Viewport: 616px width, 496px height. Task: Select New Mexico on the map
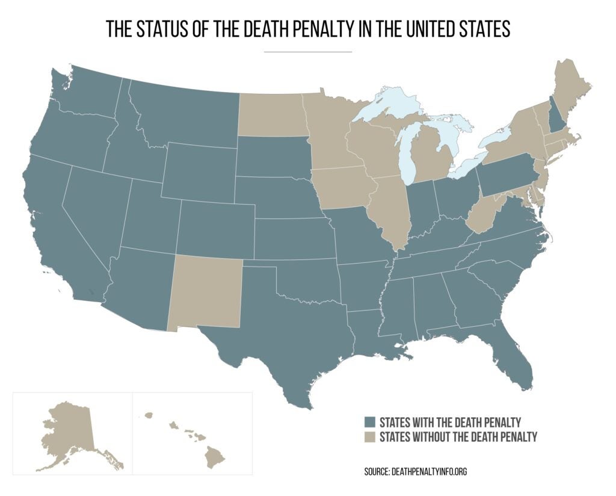206,292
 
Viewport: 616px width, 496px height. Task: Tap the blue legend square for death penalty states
369,421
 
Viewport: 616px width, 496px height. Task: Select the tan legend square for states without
369,437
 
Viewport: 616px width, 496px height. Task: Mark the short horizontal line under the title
307,52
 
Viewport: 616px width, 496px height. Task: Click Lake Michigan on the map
408,153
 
